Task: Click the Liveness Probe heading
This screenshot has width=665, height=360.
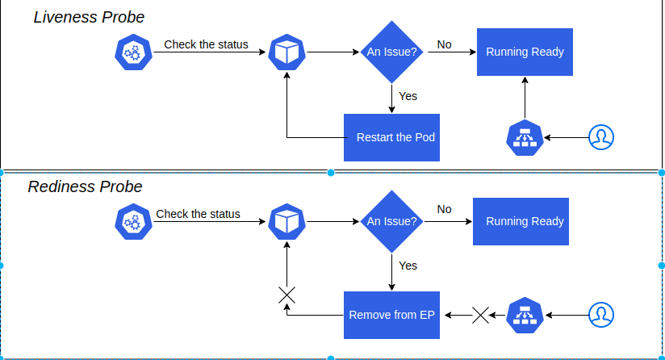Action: click(89, 17)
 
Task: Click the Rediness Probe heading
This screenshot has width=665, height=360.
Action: click(85, 187)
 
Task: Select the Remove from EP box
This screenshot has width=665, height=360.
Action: click(391, 315)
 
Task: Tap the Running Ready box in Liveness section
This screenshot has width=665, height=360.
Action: click(525, 52)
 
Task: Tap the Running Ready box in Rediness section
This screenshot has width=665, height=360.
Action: click(525, 221)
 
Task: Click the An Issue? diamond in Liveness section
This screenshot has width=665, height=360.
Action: click(391, 52)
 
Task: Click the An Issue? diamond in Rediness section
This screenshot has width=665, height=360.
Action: click(391, 221)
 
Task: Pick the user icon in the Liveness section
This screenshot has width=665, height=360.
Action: click(600, 137)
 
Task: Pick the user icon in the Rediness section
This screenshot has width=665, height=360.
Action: click(600, 315)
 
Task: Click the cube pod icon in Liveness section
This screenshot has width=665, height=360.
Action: click(286, 52)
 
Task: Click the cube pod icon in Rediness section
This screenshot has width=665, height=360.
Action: click(286, 221)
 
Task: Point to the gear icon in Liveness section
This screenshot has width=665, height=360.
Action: click(132, 52)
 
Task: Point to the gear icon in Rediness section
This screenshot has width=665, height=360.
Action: click(132, 221)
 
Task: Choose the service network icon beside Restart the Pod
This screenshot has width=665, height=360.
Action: click(525, 137)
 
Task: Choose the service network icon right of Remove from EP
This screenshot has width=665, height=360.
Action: click(525, 315)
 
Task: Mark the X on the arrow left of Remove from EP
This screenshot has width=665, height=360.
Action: click(286, 295)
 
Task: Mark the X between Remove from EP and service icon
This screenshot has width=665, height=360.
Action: click(480, 315)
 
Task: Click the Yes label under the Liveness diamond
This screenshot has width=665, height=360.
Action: click(408, 96)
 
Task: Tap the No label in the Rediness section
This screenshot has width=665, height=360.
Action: click(444, 209)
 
